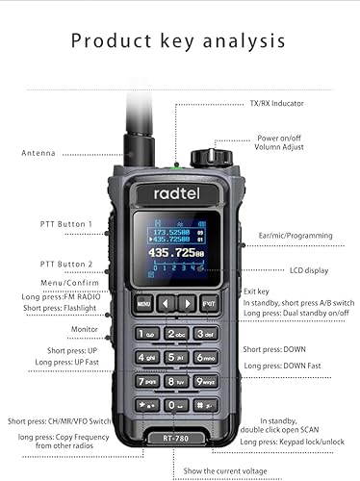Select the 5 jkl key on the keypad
click(x=176, y=357)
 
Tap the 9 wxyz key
click(x=206, y=381)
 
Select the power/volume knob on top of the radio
click(x=203, y=157)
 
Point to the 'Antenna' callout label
click(x=39, y=153)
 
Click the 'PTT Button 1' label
click(x=66, y=224)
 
